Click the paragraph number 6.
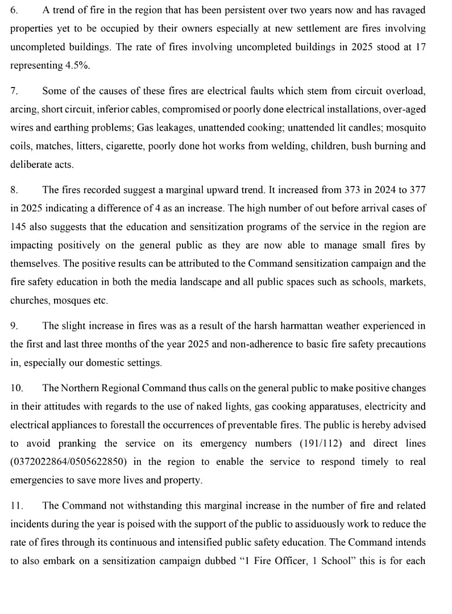point(14,10)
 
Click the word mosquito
point(407,127)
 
